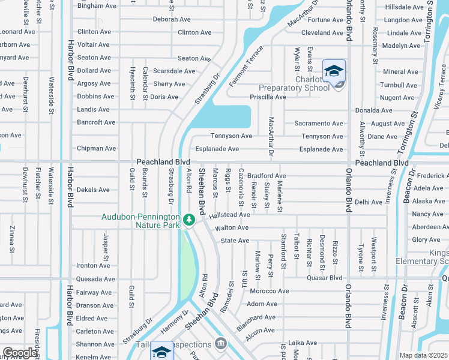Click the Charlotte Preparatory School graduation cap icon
click(334, 71)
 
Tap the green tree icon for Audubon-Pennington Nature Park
click(189, 220)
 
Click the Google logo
click(19, 353)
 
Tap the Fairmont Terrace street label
click(246, 66)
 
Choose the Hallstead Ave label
click(229, 214)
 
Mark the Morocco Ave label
click(269, 291)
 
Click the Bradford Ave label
click(267, 176)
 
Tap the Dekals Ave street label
click(93, 190)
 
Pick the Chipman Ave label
click(96, 148)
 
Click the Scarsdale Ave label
click(174, 71)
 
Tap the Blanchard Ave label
click(256, 317)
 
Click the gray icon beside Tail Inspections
click(221, 344)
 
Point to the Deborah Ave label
click(171, 19)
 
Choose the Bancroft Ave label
click(96, 122)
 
